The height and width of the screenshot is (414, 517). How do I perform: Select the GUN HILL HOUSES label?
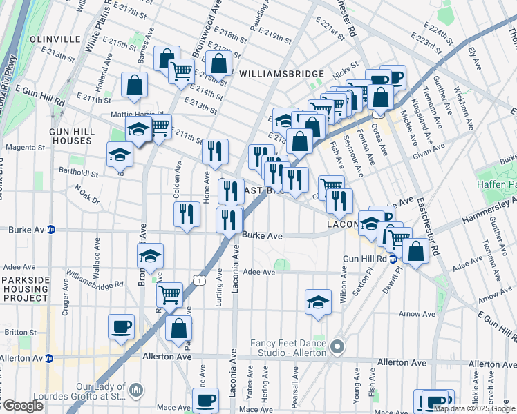tap(70, 135)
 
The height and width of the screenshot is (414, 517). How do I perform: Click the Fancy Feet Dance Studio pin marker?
tap(337, 346)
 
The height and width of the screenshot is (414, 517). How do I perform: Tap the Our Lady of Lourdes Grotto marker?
tap(136, 391)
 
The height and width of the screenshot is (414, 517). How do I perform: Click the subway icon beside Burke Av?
tap(50, 230)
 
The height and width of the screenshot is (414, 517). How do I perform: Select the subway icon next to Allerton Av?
tap(48, 358)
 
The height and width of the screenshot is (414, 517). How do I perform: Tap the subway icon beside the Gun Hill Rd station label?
tap(393, 259)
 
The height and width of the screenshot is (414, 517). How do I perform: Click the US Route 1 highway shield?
tap(198, 279)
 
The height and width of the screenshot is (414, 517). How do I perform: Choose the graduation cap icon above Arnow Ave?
tap(318, 301)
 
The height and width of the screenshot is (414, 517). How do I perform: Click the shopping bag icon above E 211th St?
tap(134, 85)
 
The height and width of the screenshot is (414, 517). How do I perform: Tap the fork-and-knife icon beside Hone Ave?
tap(215, 150)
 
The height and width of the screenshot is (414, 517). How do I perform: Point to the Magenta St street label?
tap(24, 147)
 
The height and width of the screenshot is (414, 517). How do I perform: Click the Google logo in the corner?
tap(22, 406)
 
